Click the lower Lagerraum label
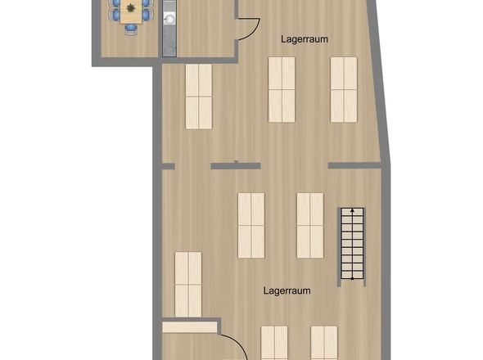point(287,290)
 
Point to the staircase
point(353,244)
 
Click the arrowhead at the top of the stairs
point(353,211)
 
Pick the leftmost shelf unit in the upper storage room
point(199,97)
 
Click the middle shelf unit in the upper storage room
point(282,89)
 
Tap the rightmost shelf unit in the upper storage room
point(344,89)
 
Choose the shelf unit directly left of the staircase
point(310,225)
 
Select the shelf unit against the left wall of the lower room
point(188,283)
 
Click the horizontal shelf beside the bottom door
point(188,327)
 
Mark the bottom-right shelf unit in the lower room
point(324,344)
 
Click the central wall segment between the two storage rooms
point(235,166)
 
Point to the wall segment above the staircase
point(356,166)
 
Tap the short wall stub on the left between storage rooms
point(167,166)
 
